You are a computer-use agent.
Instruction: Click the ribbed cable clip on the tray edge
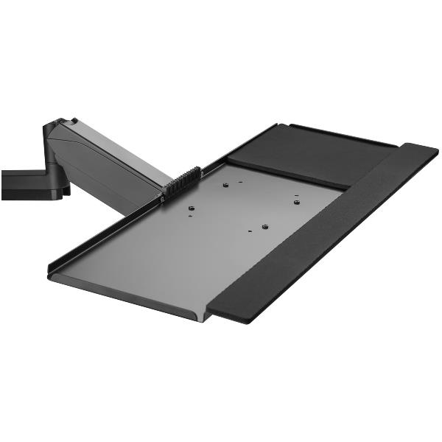click(x=184, y=181)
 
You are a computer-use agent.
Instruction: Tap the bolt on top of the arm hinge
click(x=73, y=121)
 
